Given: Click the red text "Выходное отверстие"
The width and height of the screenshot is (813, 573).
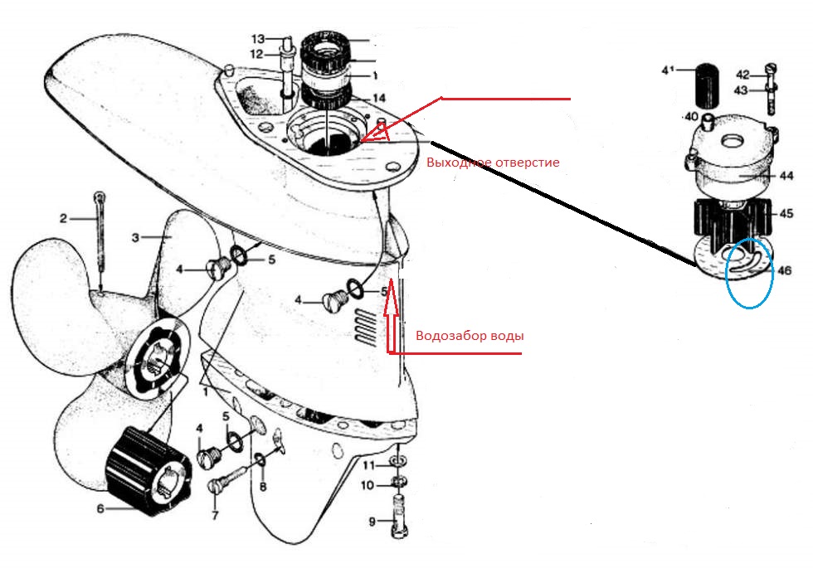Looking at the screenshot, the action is pos(493,163).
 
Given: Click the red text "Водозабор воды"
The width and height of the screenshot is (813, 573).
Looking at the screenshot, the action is pos(470,336).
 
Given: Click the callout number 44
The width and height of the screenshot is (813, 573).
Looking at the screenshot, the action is pos(786,176).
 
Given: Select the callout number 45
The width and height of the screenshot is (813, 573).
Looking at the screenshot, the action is pos(786,213).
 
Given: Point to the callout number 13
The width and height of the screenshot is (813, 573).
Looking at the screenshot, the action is pos(258,39).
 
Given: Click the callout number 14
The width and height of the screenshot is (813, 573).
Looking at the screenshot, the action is pos(379,98).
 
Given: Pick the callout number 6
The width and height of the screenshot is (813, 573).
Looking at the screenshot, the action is pos(100,509).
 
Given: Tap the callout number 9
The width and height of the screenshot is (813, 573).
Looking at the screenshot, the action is pos(372,522).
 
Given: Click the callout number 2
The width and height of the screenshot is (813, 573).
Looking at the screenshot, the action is pos(63,219).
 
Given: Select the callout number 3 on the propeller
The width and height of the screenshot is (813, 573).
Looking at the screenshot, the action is pos(135,238).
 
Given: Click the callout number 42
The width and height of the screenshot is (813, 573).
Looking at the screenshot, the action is pos(742,75).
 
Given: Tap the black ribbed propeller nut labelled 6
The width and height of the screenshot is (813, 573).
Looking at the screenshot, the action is pos(147,472).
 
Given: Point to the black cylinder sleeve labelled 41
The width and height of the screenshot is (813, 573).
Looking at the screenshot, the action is pos(705,85).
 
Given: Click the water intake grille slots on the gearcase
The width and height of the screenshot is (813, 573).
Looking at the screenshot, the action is pos(366,326).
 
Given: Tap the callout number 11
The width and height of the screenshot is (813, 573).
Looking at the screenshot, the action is pos(368,465).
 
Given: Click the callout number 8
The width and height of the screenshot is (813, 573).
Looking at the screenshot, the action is pos(263,487).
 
